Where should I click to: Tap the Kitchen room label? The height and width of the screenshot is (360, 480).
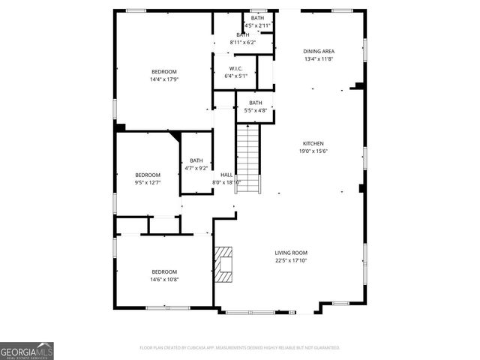(313, 143)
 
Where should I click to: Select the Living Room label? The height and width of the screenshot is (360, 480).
(290, 253)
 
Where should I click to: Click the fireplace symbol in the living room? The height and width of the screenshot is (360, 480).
(224, 265)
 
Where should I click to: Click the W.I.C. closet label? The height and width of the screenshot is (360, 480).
(235, 68)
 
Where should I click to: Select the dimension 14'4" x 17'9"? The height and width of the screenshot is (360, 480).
(164, 79)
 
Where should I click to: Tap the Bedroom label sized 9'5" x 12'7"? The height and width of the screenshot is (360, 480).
(148, 175)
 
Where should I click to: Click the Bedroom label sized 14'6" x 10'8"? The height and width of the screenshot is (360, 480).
(164, 271)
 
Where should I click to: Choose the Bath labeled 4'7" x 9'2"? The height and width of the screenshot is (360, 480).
(196, 160)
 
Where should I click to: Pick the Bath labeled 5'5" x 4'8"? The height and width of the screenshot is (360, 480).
(256, 103)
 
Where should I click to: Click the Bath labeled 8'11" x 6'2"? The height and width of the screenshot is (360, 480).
(243, 34)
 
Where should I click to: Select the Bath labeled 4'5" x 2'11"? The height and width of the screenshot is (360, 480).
(257, 18)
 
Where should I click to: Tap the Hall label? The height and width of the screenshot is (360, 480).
(226, 175)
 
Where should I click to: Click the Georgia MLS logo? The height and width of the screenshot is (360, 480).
(27, 350)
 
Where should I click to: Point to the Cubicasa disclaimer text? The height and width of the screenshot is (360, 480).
(239, 348)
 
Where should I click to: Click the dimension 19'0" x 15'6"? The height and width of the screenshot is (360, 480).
(313, 151)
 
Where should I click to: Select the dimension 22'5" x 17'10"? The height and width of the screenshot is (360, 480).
(290, 260)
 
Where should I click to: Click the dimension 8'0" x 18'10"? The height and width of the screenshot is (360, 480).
(226, 182)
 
